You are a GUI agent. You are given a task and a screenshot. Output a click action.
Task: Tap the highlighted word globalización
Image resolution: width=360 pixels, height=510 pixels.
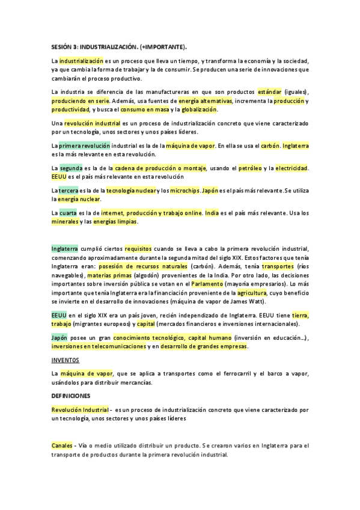coord(198,109)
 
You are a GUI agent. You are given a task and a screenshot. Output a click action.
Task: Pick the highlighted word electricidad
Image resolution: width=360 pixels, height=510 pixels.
coord(291,167)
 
